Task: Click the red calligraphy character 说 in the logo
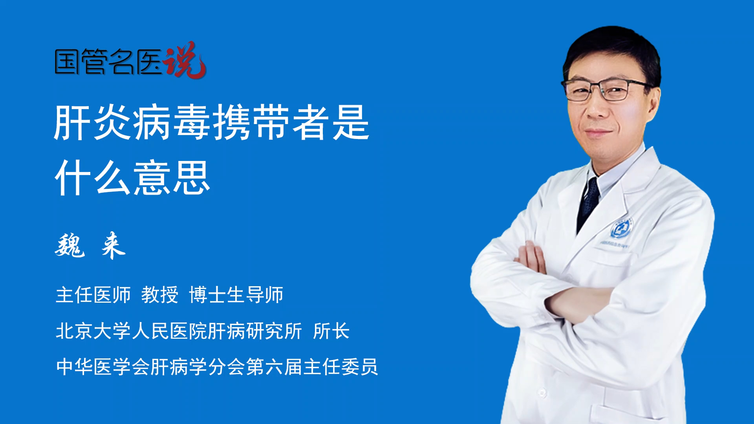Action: [185, 60]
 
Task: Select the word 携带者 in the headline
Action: [271, 122]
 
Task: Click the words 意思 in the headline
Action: [172, 178]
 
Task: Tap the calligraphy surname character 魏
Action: [70, 245]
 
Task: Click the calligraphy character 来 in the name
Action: [113, 245]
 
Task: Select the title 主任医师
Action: [93, 295]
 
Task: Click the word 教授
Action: [160, 295]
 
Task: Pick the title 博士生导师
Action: [236, 295]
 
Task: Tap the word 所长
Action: [331, 331]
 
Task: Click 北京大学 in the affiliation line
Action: [93, 331]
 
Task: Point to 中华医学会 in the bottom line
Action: [103, 367]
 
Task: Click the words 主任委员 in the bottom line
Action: [340, 367]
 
